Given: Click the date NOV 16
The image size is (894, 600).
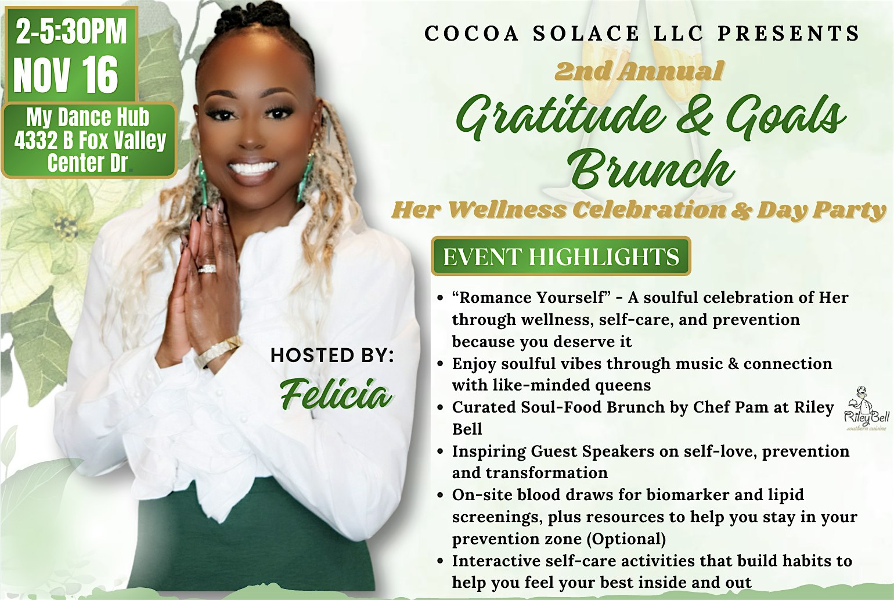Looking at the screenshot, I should (x=66, y=75).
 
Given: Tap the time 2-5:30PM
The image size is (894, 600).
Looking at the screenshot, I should (x=71, y=31).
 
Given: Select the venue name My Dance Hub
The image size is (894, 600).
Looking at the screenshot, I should (x=88, y=118).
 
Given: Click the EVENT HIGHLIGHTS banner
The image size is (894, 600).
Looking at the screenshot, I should (x=561, y=256).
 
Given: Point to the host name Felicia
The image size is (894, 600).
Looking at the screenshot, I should (x=336, y=395).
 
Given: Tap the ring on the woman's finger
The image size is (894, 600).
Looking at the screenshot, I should (x=206, y=269).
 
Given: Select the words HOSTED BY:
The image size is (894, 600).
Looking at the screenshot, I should (x=332, y=355).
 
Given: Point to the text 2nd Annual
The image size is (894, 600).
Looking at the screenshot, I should (x=639, y=71).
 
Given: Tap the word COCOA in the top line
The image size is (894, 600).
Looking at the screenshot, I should (x=471, y=34).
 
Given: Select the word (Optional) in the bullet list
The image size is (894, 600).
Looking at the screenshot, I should (x=626, y=539).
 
